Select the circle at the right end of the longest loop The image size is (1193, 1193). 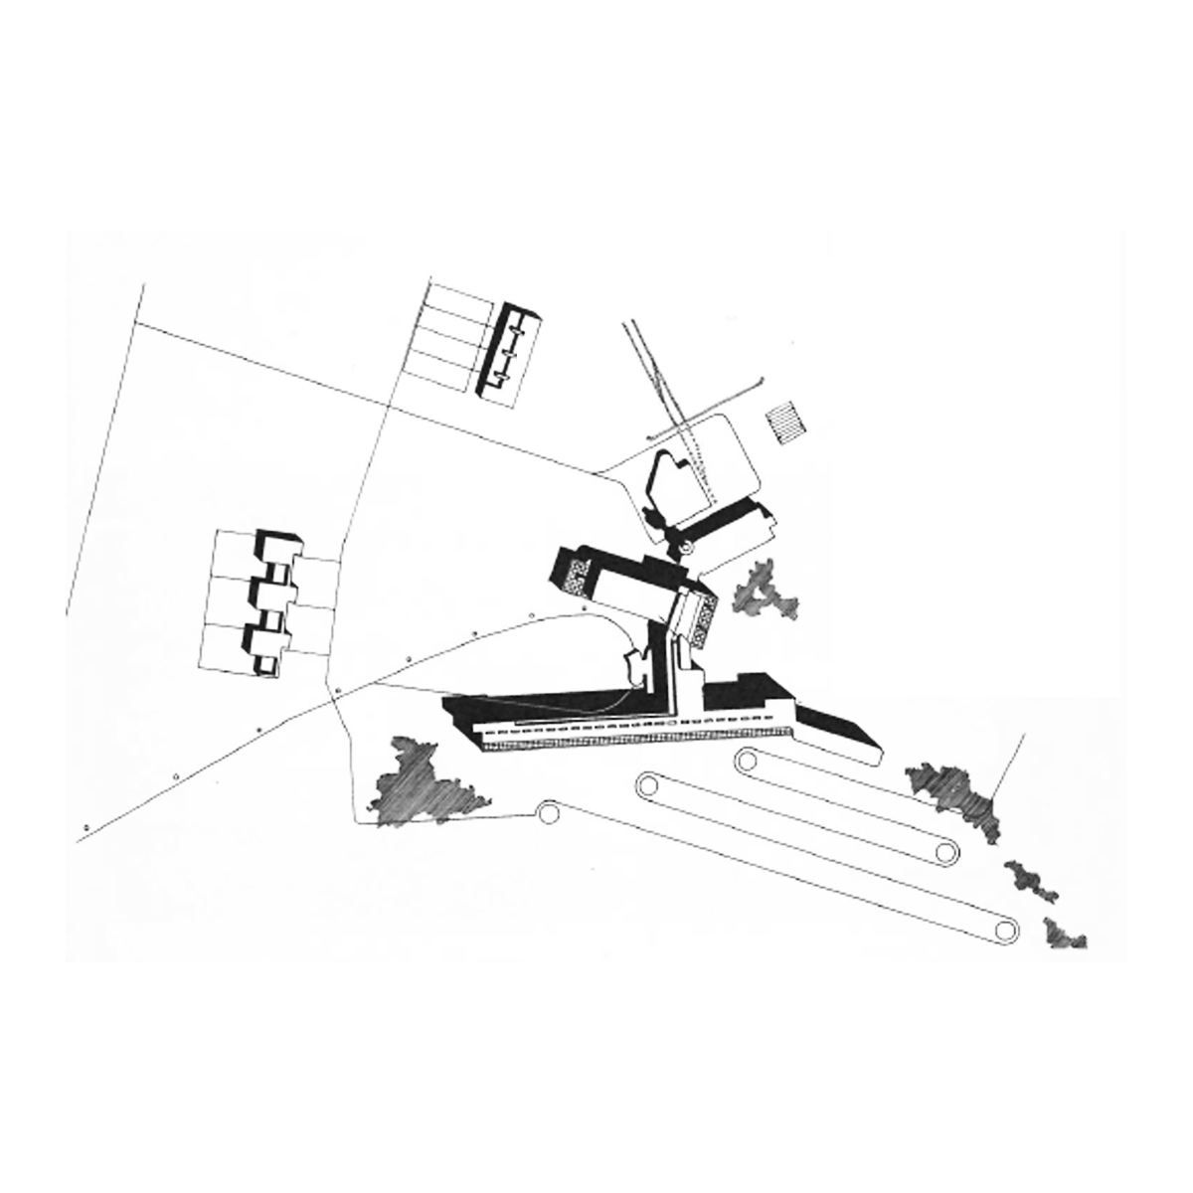click(1006, 930)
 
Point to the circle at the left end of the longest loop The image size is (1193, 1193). click(648, 784)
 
